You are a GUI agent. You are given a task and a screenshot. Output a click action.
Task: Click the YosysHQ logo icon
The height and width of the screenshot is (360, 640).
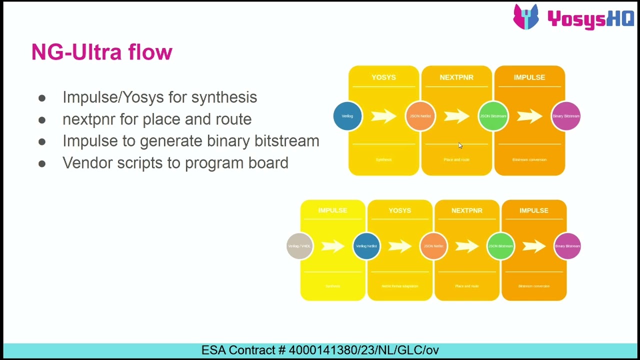526,17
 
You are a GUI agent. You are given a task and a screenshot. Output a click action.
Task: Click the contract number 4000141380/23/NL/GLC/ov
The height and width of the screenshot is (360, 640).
363,350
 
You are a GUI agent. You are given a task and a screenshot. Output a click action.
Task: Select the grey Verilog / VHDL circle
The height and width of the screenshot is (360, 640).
299,246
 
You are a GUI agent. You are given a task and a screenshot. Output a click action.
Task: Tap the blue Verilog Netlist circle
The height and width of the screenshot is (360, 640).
366,246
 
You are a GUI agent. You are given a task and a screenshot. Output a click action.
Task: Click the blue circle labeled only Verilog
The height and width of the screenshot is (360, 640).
347,116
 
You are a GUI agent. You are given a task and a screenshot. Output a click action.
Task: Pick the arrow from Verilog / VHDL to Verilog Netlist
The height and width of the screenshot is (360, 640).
332,246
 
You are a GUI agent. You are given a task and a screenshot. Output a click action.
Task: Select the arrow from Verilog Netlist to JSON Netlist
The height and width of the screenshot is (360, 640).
399,246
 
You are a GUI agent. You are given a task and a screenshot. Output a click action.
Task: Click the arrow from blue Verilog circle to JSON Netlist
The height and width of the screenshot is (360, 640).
383,116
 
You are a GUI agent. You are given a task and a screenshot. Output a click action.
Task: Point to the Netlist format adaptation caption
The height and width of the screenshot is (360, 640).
399,286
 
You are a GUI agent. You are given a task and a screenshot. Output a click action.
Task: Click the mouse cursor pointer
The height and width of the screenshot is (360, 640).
460,145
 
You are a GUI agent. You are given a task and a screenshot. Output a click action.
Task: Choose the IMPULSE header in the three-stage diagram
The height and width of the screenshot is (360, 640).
529,77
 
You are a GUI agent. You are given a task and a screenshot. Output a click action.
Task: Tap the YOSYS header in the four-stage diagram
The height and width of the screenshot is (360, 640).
399,210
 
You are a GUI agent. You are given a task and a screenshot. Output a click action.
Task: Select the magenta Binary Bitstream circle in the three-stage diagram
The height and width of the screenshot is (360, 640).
565,116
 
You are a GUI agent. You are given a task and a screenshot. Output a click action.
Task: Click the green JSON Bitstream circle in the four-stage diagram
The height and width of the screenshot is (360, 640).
500,246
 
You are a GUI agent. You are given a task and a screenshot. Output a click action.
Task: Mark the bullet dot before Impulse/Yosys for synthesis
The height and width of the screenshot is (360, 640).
42,98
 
